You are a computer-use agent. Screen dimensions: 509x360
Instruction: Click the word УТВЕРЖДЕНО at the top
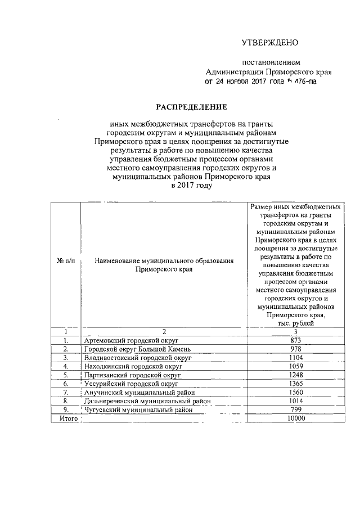269,43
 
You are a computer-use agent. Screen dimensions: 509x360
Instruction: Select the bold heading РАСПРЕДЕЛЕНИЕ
191,106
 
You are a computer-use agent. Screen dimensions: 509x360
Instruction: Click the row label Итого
67,418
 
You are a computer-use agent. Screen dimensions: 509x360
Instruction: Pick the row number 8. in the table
66,401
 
